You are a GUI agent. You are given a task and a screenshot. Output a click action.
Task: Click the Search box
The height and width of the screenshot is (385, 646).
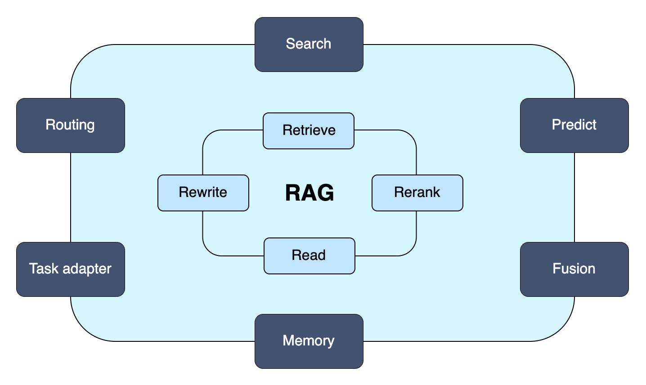tap(309, 45)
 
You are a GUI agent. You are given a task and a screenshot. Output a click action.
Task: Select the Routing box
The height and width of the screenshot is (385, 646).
tap(71, 125)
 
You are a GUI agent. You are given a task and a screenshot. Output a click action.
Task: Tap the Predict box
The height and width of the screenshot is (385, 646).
tap(574, 125)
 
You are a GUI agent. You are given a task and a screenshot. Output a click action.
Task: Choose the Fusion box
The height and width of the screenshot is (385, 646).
tap(574, 269)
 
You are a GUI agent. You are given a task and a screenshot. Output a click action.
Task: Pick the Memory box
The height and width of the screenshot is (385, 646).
tap(309, 341)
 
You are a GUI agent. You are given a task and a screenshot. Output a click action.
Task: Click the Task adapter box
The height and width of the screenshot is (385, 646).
tap(71, 269)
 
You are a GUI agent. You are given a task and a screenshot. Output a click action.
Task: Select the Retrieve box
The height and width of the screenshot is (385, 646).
tap(309, 131)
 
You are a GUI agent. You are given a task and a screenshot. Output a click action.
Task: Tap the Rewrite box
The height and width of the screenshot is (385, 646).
tap(203, 193)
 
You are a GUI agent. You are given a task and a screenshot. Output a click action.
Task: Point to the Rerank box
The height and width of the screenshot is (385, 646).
tap(417, 193)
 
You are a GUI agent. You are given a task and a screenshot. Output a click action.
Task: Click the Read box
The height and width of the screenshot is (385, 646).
tap(310, 256)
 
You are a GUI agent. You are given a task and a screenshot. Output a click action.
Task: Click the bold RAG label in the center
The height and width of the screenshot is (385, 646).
tap(310, 192)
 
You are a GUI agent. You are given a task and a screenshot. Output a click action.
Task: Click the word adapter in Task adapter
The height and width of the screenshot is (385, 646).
tap(87, 269)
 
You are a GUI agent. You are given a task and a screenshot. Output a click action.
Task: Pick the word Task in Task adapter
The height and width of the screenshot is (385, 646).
tap(44, 269)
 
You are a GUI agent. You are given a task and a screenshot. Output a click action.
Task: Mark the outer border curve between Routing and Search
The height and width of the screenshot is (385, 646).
tap(84, 58)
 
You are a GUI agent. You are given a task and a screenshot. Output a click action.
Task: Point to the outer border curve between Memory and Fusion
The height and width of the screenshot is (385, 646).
tap(561, 328)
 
